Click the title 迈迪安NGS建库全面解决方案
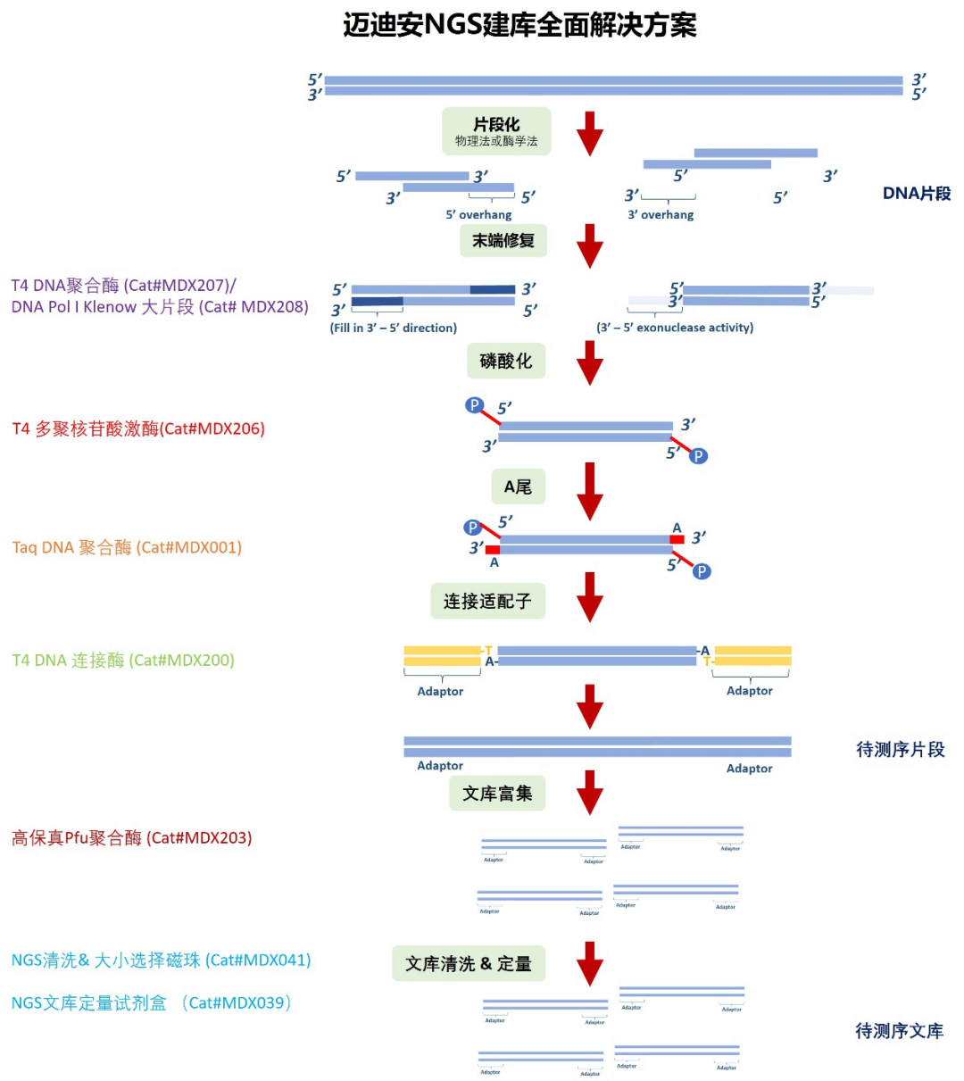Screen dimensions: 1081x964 pos(519,25)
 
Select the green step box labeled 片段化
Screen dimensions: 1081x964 pos(496,131)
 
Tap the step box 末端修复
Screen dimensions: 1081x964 pos(503,240)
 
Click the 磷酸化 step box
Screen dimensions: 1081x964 pos(505,361)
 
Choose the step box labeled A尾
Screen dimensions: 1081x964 pos(518,486)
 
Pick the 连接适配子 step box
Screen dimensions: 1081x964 pos(487,601)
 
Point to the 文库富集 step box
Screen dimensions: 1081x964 pos(497,793)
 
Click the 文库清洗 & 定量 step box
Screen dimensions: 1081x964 pos(469,963)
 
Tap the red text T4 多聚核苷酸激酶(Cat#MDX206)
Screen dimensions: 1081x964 pos(138,428)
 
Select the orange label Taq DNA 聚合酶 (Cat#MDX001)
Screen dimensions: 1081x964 pos(127,547)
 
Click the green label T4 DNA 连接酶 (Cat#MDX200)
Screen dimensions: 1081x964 pos(123,661)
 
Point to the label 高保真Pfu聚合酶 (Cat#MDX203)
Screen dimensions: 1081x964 pos(132,837)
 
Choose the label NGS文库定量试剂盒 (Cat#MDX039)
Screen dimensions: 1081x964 pos(152,1002)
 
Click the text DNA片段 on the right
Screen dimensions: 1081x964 pos(917,193)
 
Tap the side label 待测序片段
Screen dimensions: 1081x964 pos(901,749)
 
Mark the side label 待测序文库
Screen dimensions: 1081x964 pos(900,1031)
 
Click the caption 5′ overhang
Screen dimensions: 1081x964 pos(479,214)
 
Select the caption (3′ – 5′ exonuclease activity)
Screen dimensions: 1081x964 pos(675,328)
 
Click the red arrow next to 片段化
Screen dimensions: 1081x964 pos(590,133)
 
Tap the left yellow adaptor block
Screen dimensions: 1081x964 pos(442,656)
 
